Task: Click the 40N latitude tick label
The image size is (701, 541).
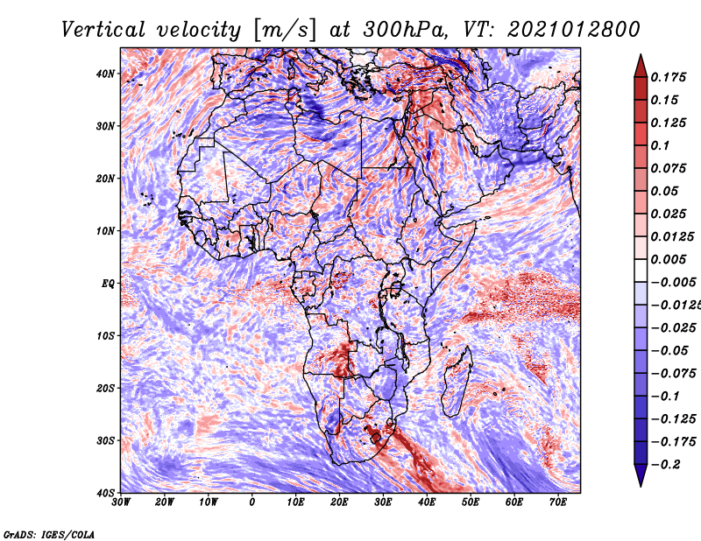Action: click(105, 74)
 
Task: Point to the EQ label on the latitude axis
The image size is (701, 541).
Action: click(108, 284)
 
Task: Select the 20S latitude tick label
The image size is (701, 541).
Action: click(105, 388)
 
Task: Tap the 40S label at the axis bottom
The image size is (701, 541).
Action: click(105, 493)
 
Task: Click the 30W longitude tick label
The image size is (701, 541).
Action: click(121, 502)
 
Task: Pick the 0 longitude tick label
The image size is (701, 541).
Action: click(252, 502)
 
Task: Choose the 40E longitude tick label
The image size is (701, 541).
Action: click(427, 502)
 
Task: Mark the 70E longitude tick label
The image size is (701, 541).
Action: click(558, 502)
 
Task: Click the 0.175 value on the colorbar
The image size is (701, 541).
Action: click(669, 77)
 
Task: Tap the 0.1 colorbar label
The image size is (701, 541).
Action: click(661, 145)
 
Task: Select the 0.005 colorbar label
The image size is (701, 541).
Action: click(669, 259)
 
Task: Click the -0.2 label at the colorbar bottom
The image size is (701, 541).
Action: click(666, 464)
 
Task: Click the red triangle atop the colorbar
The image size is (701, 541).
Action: click(641, 67)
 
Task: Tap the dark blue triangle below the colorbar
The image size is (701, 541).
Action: click(641, 475)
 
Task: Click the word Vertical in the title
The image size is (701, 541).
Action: click(103, 30)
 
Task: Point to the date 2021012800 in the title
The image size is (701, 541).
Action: click(574, 30)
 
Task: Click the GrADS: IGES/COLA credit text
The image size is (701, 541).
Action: click(49, 534)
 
